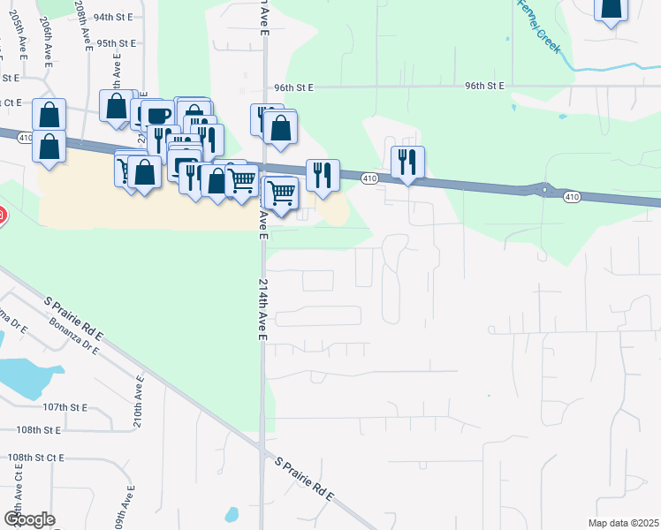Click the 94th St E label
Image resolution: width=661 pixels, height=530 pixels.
(112, 17)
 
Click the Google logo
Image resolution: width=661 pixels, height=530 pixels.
(29, 519)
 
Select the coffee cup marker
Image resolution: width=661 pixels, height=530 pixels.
(159, 116)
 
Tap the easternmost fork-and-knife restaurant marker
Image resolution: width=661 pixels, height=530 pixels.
(407, 162)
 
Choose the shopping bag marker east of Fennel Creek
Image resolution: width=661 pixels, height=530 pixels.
(609, 9)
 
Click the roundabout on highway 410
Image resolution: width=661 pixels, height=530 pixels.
(545, 189)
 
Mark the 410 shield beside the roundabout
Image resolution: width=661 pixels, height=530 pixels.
(573, 197)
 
